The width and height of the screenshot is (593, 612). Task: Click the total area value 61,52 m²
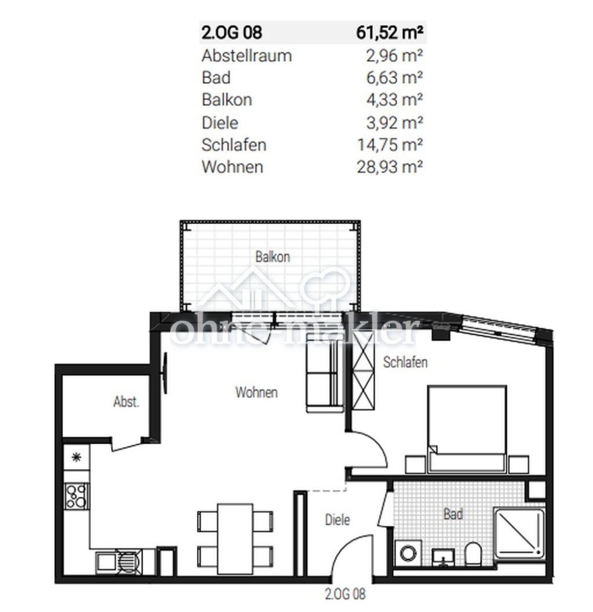click(x=390, y=32)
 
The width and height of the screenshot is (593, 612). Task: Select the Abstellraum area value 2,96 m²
click(x=394, y=56)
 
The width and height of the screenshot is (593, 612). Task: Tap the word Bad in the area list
click(x=216, y=78)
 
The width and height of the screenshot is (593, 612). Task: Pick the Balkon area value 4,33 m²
click(x=394, y=100)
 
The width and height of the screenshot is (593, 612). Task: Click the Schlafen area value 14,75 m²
click(x=390, y=145)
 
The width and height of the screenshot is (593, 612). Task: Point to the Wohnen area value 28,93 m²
click(x=390, y=167)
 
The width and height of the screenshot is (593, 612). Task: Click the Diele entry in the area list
click(x=220, y=123)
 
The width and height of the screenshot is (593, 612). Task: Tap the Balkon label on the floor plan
click(x=273, y=257)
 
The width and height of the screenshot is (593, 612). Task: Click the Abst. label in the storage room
click(x=126, y=401)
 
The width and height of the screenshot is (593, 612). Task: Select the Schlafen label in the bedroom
click(x=405, y=362)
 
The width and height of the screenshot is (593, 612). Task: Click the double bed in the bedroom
click(x=467, y=428)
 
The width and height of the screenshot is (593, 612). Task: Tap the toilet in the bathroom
click(x=473, y=553)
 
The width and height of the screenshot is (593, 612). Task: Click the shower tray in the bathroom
click(x=519, y=533)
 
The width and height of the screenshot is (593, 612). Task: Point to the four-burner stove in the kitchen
click(x=76, y=496)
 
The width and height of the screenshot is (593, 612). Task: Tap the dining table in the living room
click(x=235, y=539)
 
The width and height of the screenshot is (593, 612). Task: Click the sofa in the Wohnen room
click(x=324, y=373)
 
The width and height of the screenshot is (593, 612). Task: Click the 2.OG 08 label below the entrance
click(x=345, y=594)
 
